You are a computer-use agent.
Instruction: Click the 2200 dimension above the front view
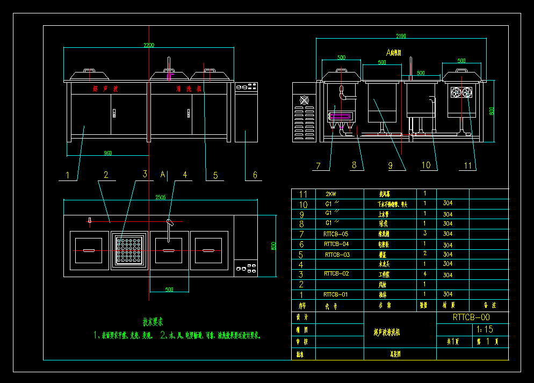[x=148, y=45]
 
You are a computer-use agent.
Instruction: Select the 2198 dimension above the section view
[x=401, y=37]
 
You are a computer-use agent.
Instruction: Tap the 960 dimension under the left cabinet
[x=107, y=153]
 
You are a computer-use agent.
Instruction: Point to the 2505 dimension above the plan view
[x=160, y=197]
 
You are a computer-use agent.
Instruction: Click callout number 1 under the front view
[x=68, y=175]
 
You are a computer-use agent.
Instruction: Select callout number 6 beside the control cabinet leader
[x=255, y=175]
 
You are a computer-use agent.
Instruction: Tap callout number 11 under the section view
[x=468, y=166]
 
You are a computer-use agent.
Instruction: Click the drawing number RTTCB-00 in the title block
[x=471, y=317]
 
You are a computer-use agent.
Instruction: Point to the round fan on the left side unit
[x=305, y=100]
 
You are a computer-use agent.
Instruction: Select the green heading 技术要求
[x=153, y=322]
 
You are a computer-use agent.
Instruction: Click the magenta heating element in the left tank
[x=339, y=114]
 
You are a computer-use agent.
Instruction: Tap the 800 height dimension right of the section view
[x=491, y=111]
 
